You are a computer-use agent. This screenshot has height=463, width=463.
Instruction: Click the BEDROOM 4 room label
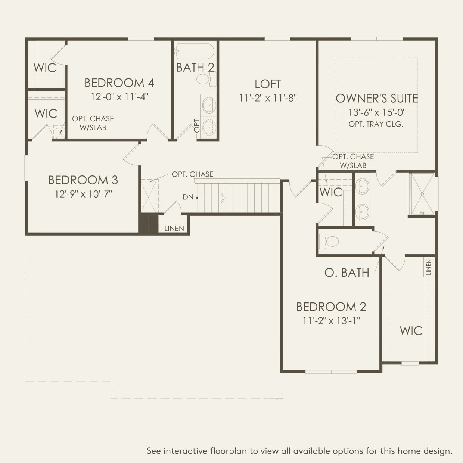tap(119, 83)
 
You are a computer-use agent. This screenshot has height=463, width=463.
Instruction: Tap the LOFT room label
tap(268, 84)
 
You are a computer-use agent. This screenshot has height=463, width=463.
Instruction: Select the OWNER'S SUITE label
tap(377, 98)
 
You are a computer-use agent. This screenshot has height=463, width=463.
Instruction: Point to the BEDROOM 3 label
tap(83, 180)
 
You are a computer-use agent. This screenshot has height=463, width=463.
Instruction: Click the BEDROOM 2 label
tap(331, 307)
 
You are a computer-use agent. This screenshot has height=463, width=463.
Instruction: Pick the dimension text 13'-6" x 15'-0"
tap(377, 112)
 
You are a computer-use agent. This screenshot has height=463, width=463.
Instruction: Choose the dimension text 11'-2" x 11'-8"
tap(268, 98)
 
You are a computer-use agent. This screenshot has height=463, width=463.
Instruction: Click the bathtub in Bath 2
tap(195, 51)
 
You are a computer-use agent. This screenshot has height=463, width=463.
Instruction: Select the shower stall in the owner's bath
tap(422, 193)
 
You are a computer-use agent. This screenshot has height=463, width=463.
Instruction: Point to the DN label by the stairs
tap(188, 197)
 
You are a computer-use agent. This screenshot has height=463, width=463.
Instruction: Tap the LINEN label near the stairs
tap(174, 228)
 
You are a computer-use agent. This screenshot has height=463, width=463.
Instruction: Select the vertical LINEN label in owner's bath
tap(428, 267)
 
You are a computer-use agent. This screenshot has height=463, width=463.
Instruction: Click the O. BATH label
tap(347, 273)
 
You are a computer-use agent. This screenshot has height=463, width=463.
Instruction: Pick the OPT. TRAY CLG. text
tap(376, 124)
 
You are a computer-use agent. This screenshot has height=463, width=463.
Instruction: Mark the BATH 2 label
tap(195, 68)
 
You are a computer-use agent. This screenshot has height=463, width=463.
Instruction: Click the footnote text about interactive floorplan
tap(299, 451)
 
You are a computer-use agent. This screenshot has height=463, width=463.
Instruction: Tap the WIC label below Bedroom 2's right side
tap(411, 330)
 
